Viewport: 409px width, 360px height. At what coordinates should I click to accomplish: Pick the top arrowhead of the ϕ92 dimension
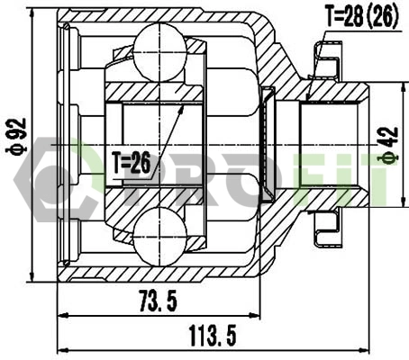[x=32, y=13]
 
